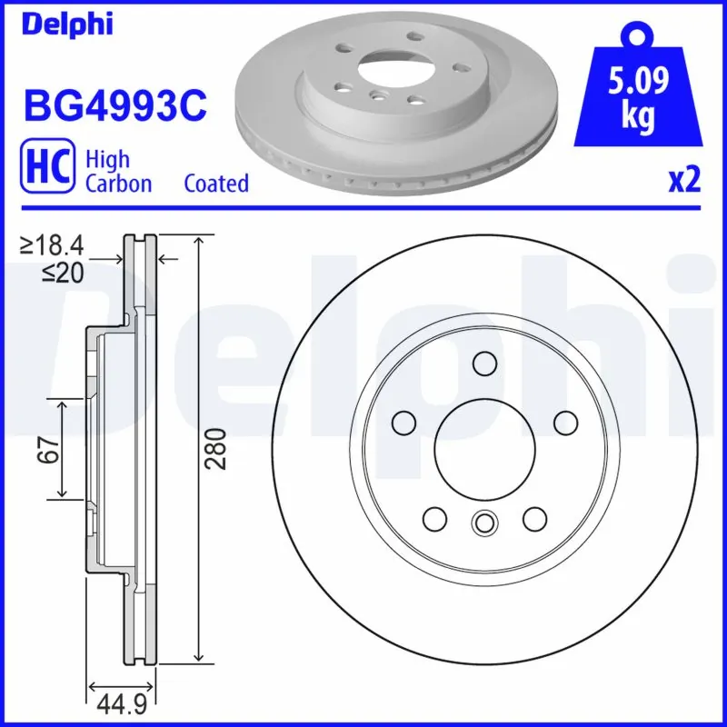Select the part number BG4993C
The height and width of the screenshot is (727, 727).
pyautogui.click(x=115, y=106)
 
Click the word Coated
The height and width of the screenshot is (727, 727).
pyautogui.click(x=216, y=184)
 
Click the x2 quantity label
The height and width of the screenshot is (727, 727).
pyautogui.click(x=684, y=181)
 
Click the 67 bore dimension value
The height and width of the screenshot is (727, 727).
pyautogui.click(x=49, y=448)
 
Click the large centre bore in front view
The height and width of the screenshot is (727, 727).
pyautogui.click(x=483, y=451)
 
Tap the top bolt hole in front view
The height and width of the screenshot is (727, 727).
pyautogui.click(x=483, y=364)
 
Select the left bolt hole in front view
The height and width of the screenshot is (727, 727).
pyautogui.click(x=402, y=423)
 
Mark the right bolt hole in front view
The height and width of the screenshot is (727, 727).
pyautogui.click(x=565, y=423)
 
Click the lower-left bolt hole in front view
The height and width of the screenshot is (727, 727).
pyautogui.click(x=433, y=519)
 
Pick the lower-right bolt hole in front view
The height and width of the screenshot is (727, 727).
pyautogui.click(x=533, y=519)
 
